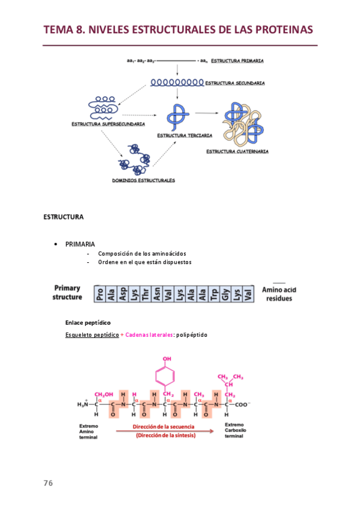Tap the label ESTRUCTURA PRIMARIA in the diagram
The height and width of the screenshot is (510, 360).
pyautogui.click(x=237, y=61)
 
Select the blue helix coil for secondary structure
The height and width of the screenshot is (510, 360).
pyautogui.click(x=177, y=82)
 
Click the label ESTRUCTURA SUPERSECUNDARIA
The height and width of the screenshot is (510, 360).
pyautogui.click(x=108, y=124)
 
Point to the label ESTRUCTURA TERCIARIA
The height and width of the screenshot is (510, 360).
pyautogui.click(x=185, y=136)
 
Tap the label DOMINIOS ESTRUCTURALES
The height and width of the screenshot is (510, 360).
pyautogui.click(x=144, y=180)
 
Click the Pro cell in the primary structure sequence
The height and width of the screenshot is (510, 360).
pyautogui.click(x=99, y=293)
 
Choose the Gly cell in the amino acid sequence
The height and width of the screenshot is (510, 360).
pyautogui.click(x=226, y=293)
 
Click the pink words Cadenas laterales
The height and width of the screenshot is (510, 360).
pyautogui.click(x=148, y=334)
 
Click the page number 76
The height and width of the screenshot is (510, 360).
pyautogui.click(x=48, y=484)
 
